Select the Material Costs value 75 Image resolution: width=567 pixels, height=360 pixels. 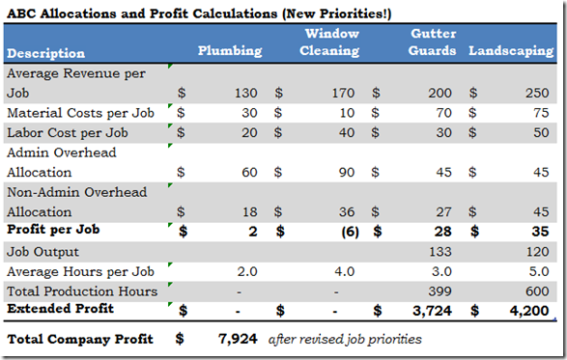(541, 113)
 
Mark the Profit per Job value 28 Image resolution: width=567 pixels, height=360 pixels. (443, 232)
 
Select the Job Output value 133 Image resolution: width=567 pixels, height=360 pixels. (440, 251)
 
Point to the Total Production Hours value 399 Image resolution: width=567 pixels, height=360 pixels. (440, 291)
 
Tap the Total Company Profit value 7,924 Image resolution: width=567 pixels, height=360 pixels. (239, 340)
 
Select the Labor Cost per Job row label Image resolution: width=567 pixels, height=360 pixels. (67, 132)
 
